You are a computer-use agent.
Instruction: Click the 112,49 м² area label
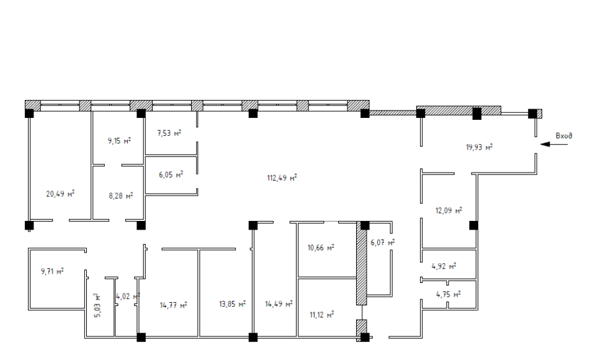point(282,178)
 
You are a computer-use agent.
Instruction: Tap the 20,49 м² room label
point(60,194)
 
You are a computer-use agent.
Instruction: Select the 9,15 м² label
point(119,141)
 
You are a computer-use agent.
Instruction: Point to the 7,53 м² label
point(169,133)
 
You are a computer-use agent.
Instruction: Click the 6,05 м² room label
point(171,175)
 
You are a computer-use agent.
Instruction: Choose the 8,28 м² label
point(121,196)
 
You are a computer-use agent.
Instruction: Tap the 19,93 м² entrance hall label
point(480,147)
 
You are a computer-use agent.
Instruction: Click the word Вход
point(564,135)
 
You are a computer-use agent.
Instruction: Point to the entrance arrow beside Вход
point(553,144)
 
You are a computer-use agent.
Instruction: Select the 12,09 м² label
point(449,210)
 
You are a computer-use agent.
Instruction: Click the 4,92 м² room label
point(444,266)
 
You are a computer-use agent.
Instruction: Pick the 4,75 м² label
point(448,294)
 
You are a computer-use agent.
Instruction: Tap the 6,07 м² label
point(383,243)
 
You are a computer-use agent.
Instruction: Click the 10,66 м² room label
point(321,248)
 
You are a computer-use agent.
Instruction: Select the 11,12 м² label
point(322,315)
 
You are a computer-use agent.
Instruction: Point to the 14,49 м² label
point(279,304)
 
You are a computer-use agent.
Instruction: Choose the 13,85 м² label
point(233,304)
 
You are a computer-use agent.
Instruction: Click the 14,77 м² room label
point(174,305)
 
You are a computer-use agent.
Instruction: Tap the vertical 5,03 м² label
point(97,305)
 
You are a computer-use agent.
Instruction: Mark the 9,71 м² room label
point(52,271)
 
